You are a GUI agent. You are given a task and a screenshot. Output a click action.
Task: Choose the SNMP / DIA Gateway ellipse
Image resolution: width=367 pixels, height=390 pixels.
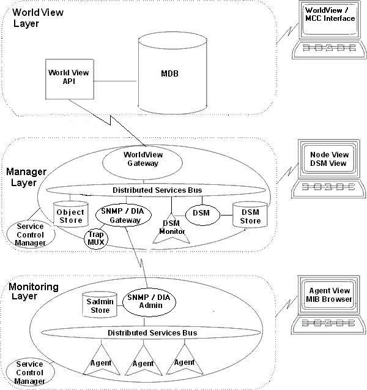(117, 215)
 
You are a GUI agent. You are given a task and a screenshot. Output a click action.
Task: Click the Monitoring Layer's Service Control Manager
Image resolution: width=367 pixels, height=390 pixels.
(29, 372)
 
